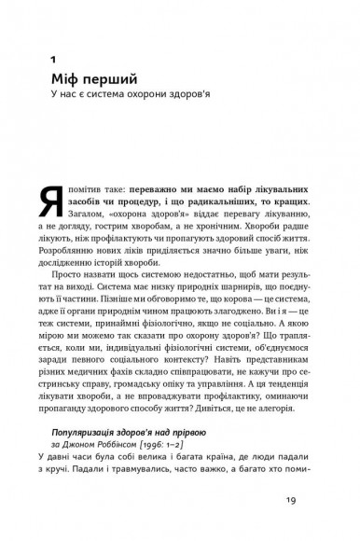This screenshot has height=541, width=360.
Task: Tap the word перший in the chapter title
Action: (121, 80)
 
